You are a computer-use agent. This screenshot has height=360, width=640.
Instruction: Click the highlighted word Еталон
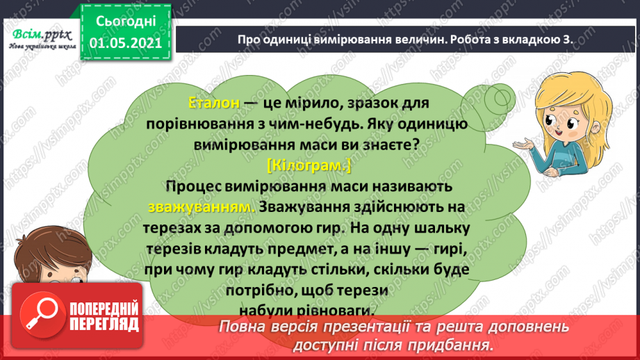tap(214, 102)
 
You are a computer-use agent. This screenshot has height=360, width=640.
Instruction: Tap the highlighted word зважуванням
tap(202, 207)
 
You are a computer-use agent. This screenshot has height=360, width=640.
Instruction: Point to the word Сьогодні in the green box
tap(126, 22)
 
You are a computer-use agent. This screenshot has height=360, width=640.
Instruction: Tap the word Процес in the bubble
tap(191, 187)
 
